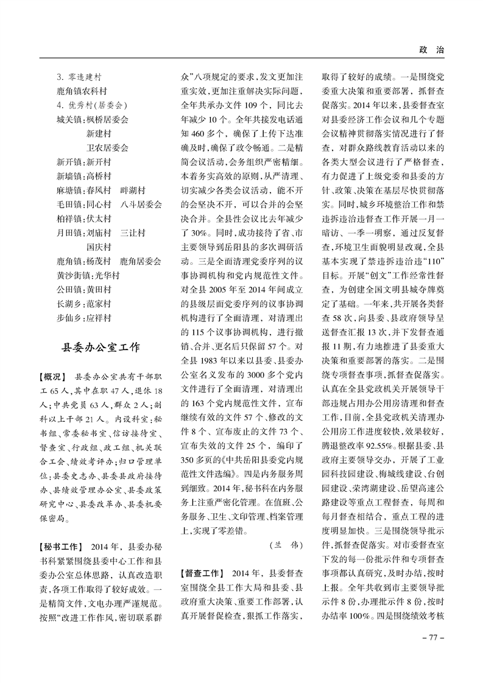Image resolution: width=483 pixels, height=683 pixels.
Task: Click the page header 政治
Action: tap(431, 51)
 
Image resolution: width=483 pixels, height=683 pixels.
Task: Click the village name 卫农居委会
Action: tap(107, 147)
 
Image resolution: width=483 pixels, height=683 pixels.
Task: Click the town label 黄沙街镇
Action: tap(71, 275)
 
